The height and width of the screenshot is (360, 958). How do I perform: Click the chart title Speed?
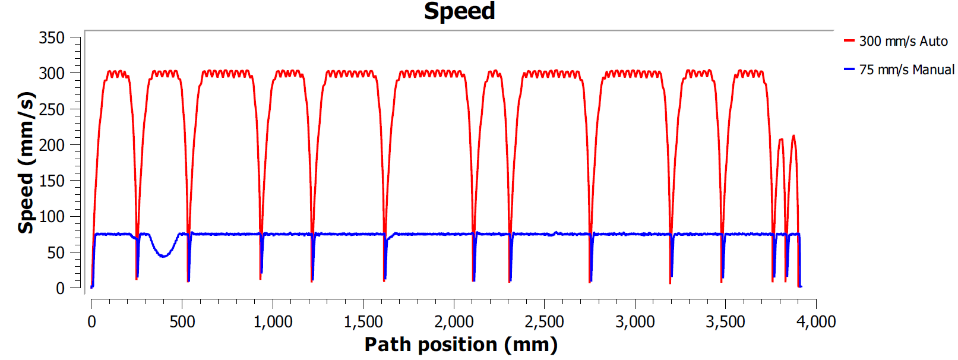tap(459, 11)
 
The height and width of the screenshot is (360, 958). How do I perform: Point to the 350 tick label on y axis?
tap(52, 38)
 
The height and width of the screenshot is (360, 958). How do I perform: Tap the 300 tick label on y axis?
tap(52, 74)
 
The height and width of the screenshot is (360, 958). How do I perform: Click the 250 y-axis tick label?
tap(52, 109)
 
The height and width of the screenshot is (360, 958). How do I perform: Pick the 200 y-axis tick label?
tap(52, 145)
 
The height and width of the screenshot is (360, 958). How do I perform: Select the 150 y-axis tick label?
tap(52, 181)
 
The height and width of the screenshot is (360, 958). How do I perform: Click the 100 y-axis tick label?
tap(52, 216)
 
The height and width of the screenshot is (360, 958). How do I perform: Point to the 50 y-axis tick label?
tap(56, 252)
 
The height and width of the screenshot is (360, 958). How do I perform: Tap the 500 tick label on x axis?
tap(182, 322)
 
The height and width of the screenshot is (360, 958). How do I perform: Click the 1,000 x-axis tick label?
tap(273, 322)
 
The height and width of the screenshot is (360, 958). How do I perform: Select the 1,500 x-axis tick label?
tap(363, 322)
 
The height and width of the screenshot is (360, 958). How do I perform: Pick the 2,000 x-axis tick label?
tap(454, 322)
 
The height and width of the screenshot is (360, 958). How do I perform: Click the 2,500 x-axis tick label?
tap(544, 322)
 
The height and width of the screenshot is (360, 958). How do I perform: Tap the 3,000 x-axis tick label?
tap(635, 322)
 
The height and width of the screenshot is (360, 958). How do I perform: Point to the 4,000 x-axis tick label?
tap(816, 322)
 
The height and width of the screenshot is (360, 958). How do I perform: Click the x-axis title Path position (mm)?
tap(461, 345)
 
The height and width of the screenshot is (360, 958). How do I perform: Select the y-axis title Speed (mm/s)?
tap(26, 162)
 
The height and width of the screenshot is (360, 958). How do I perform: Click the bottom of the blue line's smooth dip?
tap(164, 256)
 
